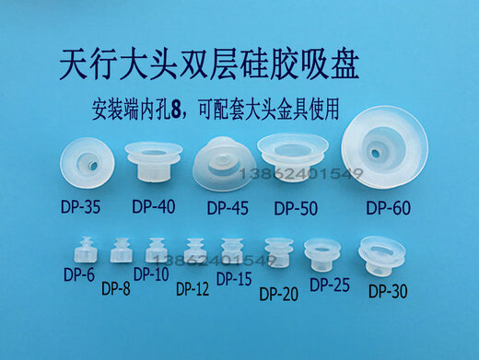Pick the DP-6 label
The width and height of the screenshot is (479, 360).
[x=79, y=273]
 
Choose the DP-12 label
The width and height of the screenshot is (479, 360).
[x=191, y=288]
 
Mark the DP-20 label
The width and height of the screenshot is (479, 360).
[x=280, y=294]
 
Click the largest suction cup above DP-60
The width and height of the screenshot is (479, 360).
[x=389, y=152]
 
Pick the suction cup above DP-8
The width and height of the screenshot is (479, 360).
[x=118, y=250]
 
